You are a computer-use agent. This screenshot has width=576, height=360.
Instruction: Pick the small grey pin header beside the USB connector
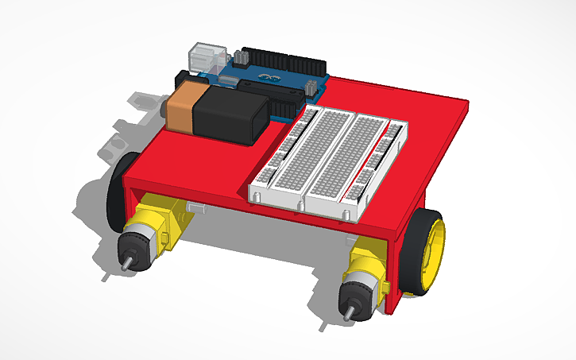coord(238,57)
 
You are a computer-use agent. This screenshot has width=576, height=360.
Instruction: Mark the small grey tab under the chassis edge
coord(196,208)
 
